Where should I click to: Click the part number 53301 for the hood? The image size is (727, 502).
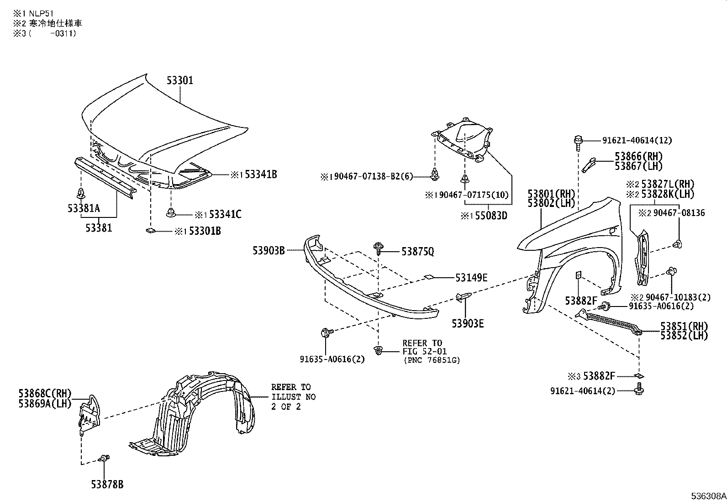(179, 80)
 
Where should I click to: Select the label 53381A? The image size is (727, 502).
(84, 209)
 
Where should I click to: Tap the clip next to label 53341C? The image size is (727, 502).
(171, 212)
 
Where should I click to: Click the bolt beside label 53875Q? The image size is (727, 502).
(378, 249)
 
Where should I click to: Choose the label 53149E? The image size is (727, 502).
(471, 277)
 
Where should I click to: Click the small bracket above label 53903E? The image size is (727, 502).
(462, 297)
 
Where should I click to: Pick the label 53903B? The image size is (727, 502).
(269, 250)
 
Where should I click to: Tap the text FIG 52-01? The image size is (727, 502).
(424, 351)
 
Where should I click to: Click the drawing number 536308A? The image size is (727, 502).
(708, 496)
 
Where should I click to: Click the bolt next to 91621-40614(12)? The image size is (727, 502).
(578, 139)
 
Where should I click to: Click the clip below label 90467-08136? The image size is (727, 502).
(678, 244)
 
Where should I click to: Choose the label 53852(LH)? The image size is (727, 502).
(684, 335)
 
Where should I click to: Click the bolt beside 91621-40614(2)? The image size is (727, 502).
(638, 390)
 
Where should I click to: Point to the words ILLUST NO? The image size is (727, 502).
(293, 397)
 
